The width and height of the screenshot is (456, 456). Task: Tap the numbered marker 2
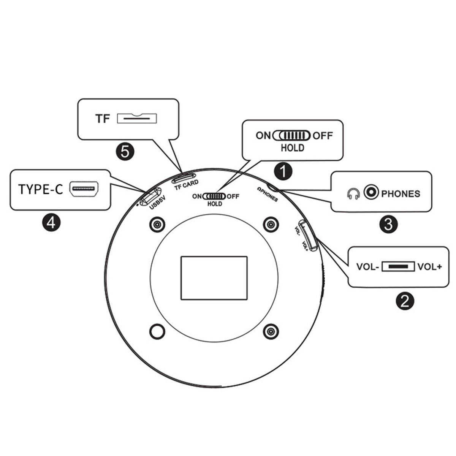tap(405, 301)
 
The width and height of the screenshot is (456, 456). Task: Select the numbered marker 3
tap(388, 224)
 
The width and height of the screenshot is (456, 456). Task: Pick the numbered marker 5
tap(125, 152)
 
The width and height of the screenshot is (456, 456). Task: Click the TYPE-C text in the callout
tap(40, 189)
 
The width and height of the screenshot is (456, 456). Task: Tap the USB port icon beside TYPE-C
tap(84, 188)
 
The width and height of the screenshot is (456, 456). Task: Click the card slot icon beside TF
tap(137, 118)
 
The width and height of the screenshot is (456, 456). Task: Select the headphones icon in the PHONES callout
tap(353, 193)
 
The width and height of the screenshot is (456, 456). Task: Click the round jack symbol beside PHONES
tap(371, 192)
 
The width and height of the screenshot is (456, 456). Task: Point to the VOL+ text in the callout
tap(429, 267)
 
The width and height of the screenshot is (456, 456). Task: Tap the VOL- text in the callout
tap(368, 267)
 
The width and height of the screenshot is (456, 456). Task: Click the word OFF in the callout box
tap(323, 136)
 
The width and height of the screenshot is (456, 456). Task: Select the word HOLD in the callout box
tap(293, 148)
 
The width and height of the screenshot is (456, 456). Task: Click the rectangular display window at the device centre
tap(214, 278)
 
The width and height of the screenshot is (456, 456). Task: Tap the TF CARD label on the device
tap(187, 185)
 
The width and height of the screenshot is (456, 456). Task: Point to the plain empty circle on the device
tap(157, 331)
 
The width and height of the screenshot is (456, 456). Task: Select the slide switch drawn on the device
tap(214, 196)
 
